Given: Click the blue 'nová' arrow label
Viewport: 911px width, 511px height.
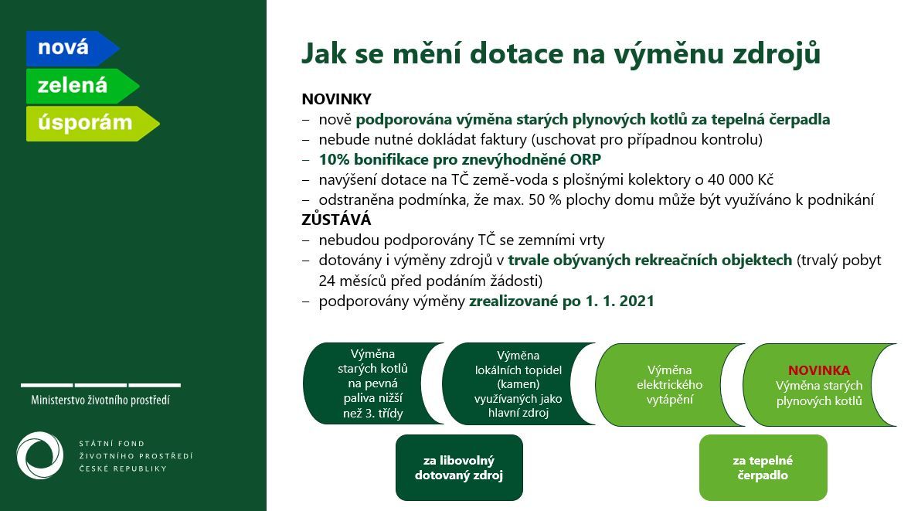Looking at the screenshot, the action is [x=72, y=48].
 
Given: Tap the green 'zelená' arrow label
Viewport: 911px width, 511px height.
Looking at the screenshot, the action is [x=82, y=86].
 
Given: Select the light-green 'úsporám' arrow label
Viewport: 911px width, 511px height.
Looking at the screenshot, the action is [x=93, y=123].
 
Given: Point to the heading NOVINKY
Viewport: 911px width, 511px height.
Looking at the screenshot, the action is [x=336, y=99].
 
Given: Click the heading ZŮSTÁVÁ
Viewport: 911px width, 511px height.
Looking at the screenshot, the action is [x=336, y=220].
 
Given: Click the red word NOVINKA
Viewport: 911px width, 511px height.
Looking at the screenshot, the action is [x=818, y=370].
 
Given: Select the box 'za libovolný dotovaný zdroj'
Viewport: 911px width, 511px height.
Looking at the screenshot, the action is [x=459, y=468].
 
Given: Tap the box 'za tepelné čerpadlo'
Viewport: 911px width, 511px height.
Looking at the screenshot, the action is [x=763, y=468].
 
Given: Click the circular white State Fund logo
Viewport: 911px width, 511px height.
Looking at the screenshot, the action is [x=40, y=455].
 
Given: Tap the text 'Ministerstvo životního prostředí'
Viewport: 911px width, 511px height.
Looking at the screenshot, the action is [x=100, y=400].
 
